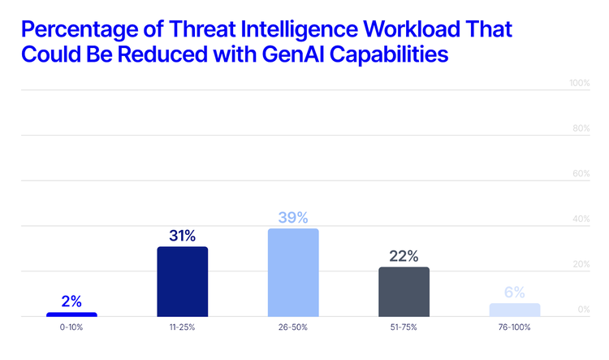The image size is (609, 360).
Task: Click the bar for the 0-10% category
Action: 71,314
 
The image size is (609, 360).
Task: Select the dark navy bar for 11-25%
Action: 183,281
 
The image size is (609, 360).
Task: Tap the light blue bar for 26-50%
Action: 293,272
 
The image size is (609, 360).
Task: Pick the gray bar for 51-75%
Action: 404,292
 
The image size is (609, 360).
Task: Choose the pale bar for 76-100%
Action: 515,310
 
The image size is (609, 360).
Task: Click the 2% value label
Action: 71,301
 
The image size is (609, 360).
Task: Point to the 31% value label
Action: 183,236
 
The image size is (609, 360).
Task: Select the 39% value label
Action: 293,217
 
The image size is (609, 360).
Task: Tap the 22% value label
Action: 404,256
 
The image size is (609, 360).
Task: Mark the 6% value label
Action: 515,293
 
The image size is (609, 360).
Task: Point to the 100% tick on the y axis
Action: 578,84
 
